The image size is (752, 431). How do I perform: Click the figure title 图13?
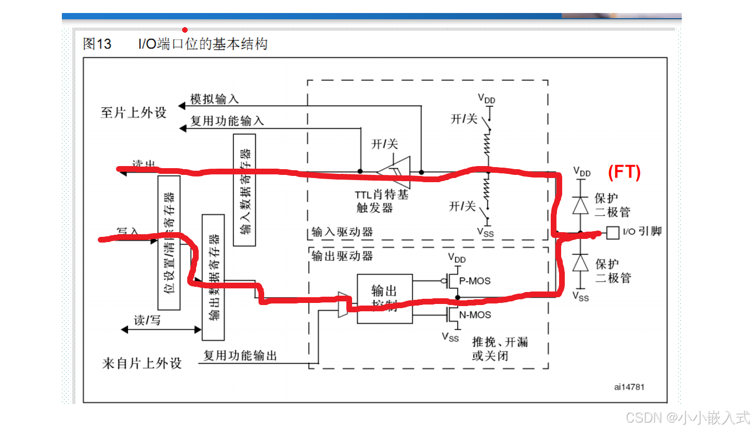pos(97,44)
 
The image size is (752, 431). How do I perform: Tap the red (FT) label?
pos(625,172)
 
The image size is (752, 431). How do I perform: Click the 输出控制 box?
pos(384,298)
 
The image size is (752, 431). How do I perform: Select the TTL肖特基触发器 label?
pos(382,201)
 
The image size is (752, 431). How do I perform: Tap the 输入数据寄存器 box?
pos(244,189)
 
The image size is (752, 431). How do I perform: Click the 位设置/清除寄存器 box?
pos(169,243)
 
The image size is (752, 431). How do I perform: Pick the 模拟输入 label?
pos(214,99)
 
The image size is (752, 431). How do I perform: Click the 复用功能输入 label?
pos(227,121)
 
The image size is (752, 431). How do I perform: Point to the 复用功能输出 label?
pos(240,356)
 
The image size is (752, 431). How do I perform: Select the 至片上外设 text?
pos(134,112)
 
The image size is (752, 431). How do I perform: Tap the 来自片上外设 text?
pos(142,363)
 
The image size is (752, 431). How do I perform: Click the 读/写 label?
pos(148,321)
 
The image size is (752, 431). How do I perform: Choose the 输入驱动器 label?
pos(342,232)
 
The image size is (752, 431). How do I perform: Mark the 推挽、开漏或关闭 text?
pos(499,349)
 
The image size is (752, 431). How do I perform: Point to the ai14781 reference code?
pos(630,387)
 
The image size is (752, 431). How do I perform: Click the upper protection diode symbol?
pos(580,205)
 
